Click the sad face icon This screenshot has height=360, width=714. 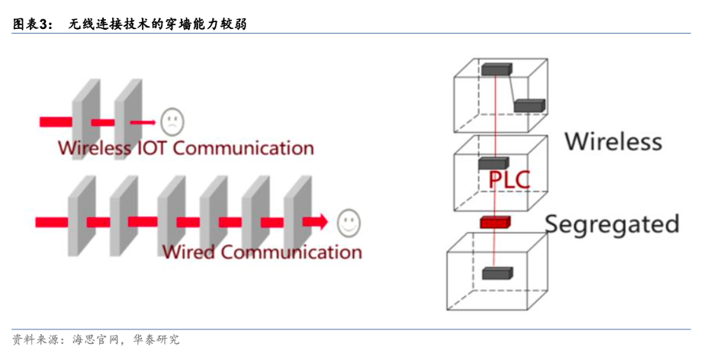point(172,121)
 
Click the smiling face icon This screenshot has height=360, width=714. point(349,222)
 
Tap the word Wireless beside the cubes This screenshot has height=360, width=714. point(613,141)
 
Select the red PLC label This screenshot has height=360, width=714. point(508,181)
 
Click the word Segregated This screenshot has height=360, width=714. point(612,223)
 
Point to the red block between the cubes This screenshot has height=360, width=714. point(494,222)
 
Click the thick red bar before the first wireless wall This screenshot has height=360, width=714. point(56,121)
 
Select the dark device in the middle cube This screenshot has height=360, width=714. point(494,163)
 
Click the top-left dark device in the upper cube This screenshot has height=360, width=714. point(496,69)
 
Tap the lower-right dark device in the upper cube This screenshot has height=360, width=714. point(529,106)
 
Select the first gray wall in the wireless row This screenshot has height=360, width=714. point(85,114)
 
